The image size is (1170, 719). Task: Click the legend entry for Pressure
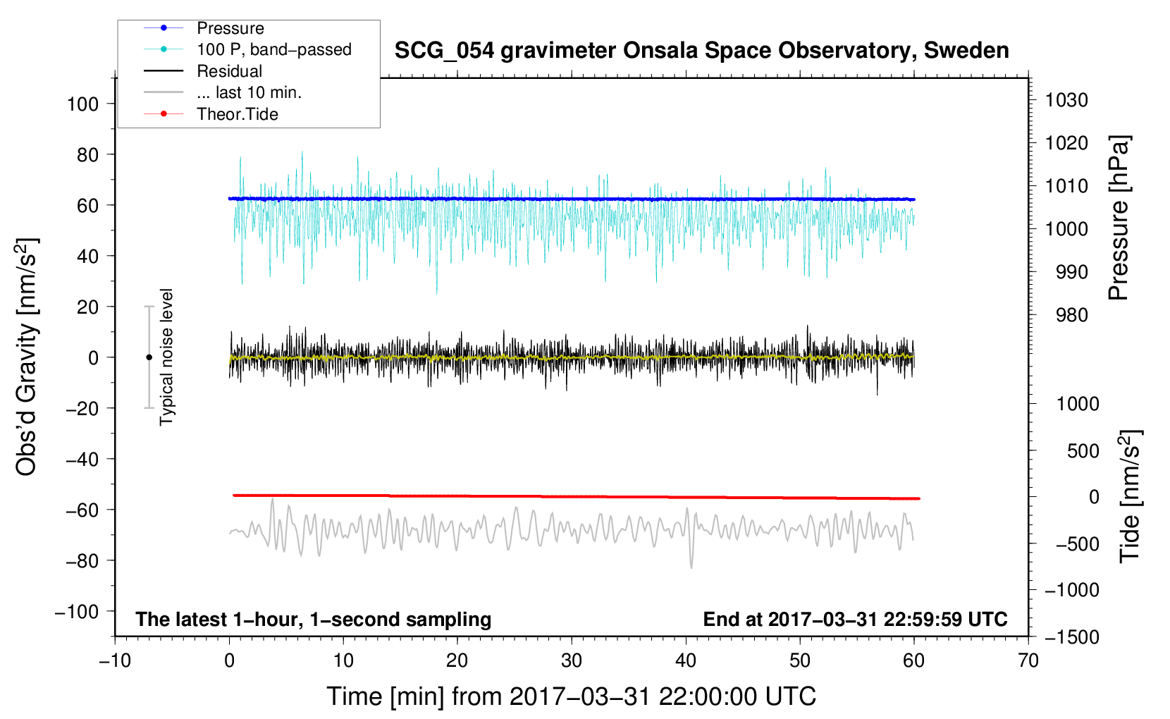(230, 28)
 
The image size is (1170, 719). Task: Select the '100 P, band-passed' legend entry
(273, 49)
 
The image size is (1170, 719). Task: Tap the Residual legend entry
(229, 71)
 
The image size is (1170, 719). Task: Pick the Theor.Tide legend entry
(237, 114)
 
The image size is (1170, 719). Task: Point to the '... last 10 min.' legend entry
(249, 92)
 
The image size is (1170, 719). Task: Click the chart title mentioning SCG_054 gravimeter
(701, 51)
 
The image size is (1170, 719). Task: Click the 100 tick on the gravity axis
(82, 104)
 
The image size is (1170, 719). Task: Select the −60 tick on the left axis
(82, 510)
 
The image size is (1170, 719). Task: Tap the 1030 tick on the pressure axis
(1066, 100)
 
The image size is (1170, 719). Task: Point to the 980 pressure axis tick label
(1071, 315)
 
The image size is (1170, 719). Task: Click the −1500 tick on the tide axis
(1071, 637)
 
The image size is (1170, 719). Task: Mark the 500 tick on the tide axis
(1083, 450)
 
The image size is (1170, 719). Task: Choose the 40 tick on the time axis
(686, 660)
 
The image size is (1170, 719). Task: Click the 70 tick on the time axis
(1028, 660)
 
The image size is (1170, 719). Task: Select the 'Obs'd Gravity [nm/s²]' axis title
(27, 357)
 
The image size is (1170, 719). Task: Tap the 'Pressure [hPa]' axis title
(1119, 219)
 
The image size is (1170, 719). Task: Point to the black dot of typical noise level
(149, 357)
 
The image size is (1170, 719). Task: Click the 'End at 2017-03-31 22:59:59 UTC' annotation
(855, 619)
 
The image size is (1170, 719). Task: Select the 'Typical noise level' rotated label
(166, 357)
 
